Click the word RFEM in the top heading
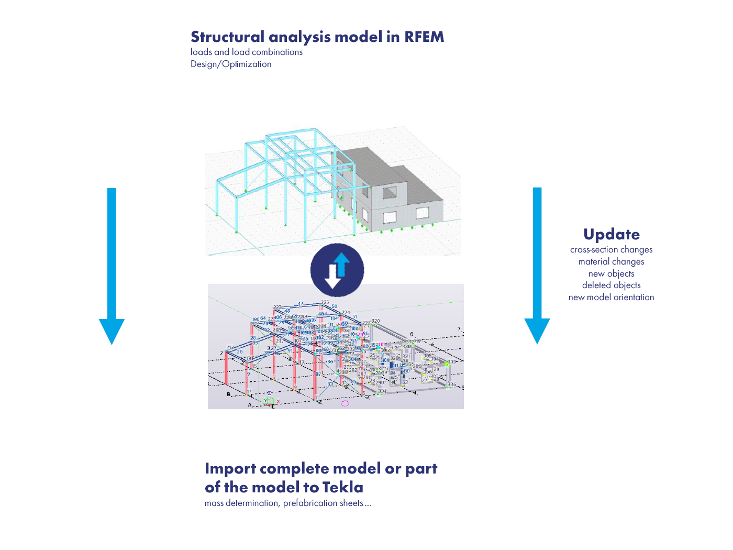pos(424,37)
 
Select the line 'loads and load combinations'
pos(247,52)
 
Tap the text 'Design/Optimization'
pos(231,64)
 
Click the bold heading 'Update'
pos(611,235)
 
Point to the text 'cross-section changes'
pos(611,250)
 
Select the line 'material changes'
pos(611,262)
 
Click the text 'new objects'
pos(611,274)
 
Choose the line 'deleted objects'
pos(611,285)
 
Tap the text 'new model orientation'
pos(611,298)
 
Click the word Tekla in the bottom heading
pos(342,488)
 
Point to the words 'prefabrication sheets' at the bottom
pos(323,503)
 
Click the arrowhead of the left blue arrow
pos(112,330)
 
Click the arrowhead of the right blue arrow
pos(537,330)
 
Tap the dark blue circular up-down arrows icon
pos(337,270)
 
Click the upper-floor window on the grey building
pos(390,193)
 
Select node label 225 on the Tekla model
pos(325,302)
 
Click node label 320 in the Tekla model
pos(375,321)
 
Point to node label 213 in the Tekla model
pos(230,347)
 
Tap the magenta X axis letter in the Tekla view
pos(278,402)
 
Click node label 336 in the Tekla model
pos(452,384)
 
